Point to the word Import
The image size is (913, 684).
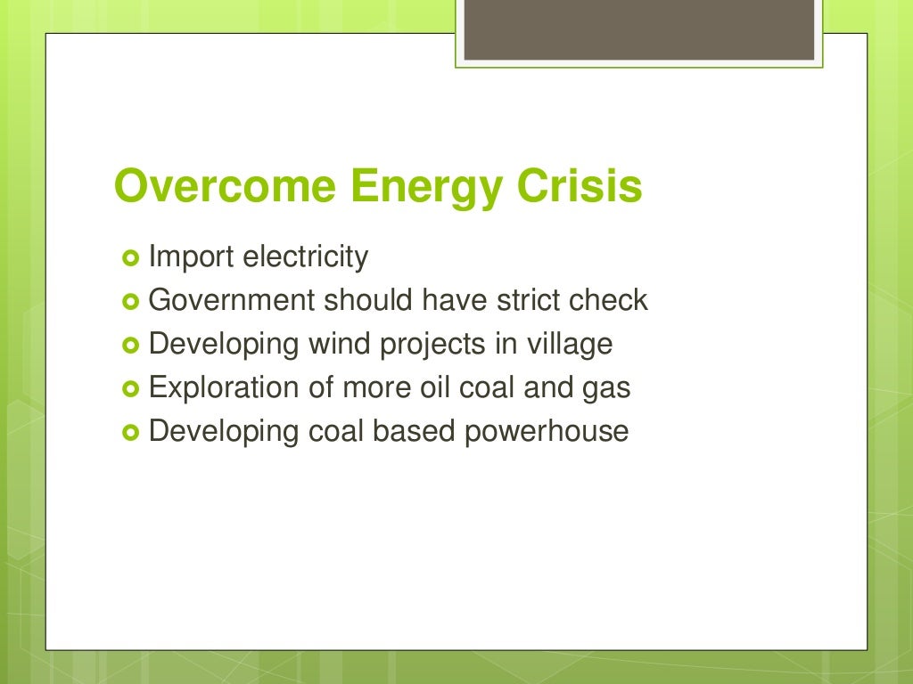coord(192,258)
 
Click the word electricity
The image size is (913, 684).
coord(305,257)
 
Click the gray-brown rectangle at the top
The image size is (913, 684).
coord(639,29)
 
